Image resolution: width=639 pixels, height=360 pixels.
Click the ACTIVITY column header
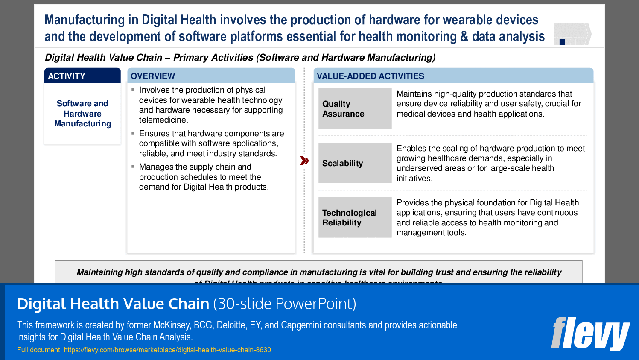click(x=82, y=76)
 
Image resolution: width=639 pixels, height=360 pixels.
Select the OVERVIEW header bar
click(x=211, y=76)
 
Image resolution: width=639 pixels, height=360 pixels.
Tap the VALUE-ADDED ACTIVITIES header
click(x=453, y=76)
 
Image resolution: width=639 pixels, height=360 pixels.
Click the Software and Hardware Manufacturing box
click(x=82, y=114)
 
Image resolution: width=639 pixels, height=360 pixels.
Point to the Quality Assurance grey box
click(x=355, y=109)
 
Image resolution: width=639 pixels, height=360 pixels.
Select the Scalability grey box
click(x=355, y=163)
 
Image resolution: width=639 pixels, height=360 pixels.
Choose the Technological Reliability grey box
click(x=355, y=217)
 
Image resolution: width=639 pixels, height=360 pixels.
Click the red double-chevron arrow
click(x=304, y=161)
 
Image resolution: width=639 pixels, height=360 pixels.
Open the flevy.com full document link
click(x=167, y=350)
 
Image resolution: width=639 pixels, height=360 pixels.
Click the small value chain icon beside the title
click(x=572, y=34)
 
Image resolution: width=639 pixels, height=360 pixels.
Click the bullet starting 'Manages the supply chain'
click(x=204, y=177)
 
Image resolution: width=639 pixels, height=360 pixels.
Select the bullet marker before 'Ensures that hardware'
click(x=133, y=134)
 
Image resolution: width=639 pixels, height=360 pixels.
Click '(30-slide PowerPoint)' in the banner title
click(x=284, y=304)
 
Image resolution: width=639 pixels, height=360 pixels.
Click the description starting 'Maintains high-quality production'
click(x=488, y=104)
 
